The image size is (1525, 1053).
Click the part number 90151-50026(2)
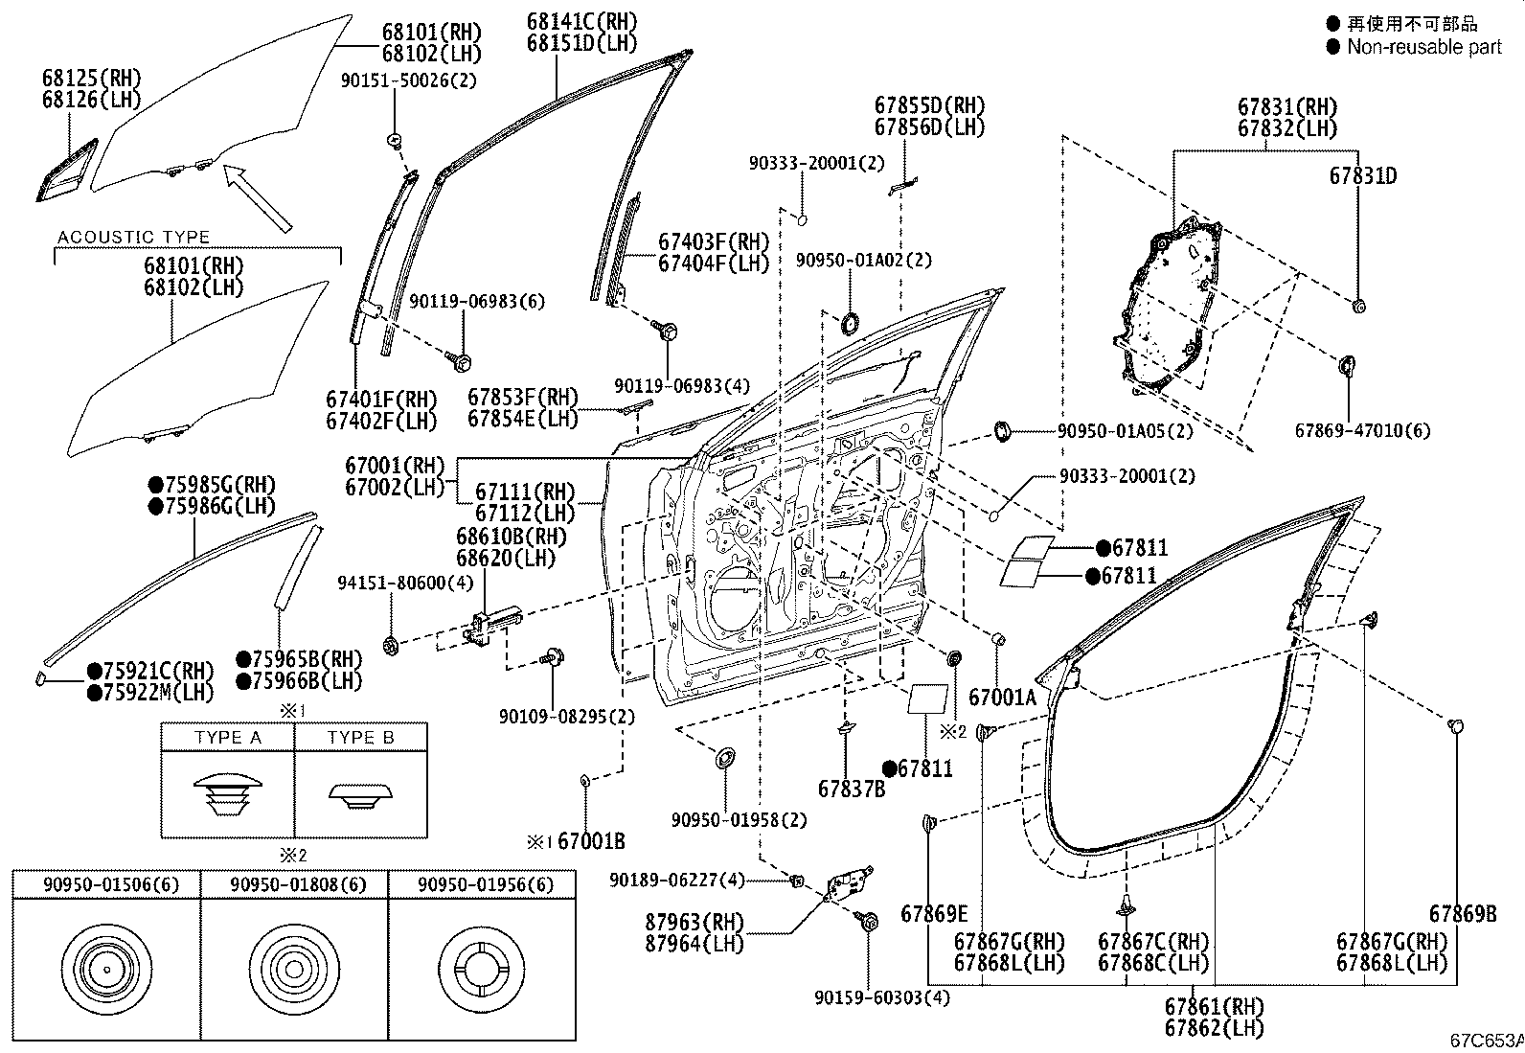pos(408,80)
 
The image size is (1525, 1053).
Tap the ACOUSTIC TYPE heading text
pos(133,238)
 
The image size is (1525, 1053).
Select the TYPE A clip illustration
pos(227,793)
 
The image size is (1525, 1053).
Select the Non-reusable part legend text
pos(1423,47)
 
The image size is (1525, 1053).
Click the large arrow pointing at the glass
pos(259,199)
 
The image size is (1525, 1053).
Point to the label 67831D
pos(1362,176)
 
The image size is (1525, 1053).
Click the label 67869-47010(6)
pos(1362,431)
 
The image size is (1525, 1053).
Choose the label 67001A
pos(1002,698)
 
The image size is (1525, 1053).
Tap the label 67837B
pos(852,789)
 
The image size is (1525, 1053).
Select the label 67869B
pos(1463,914)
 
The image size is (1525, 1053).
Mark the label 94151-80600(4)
pos(405,583)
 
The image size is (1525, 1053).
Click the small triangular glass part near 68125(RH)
pos(67,170)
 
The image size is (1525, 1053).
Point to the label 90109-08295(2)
pos(566,717)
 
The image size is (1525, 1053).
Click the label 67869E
pos(934,914)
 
